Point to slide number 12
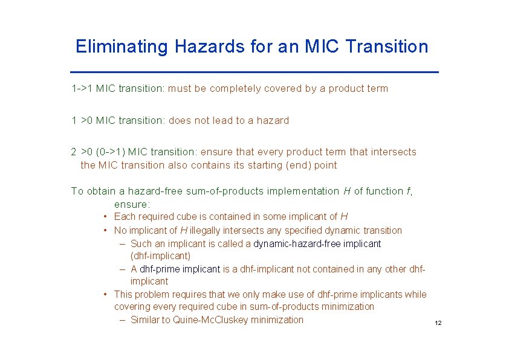pos(438,324)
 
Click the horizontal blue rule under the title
pos(254,72)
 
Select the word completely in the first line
pos(221,89)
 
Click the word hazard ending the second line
pos(273,120)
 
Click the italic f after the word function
pos(409,191)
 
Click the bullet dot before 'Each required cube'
pos(105,217)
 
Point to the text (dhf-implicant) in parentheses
pos(160,256)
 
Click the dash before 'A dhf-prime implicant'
pos(123,269)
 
